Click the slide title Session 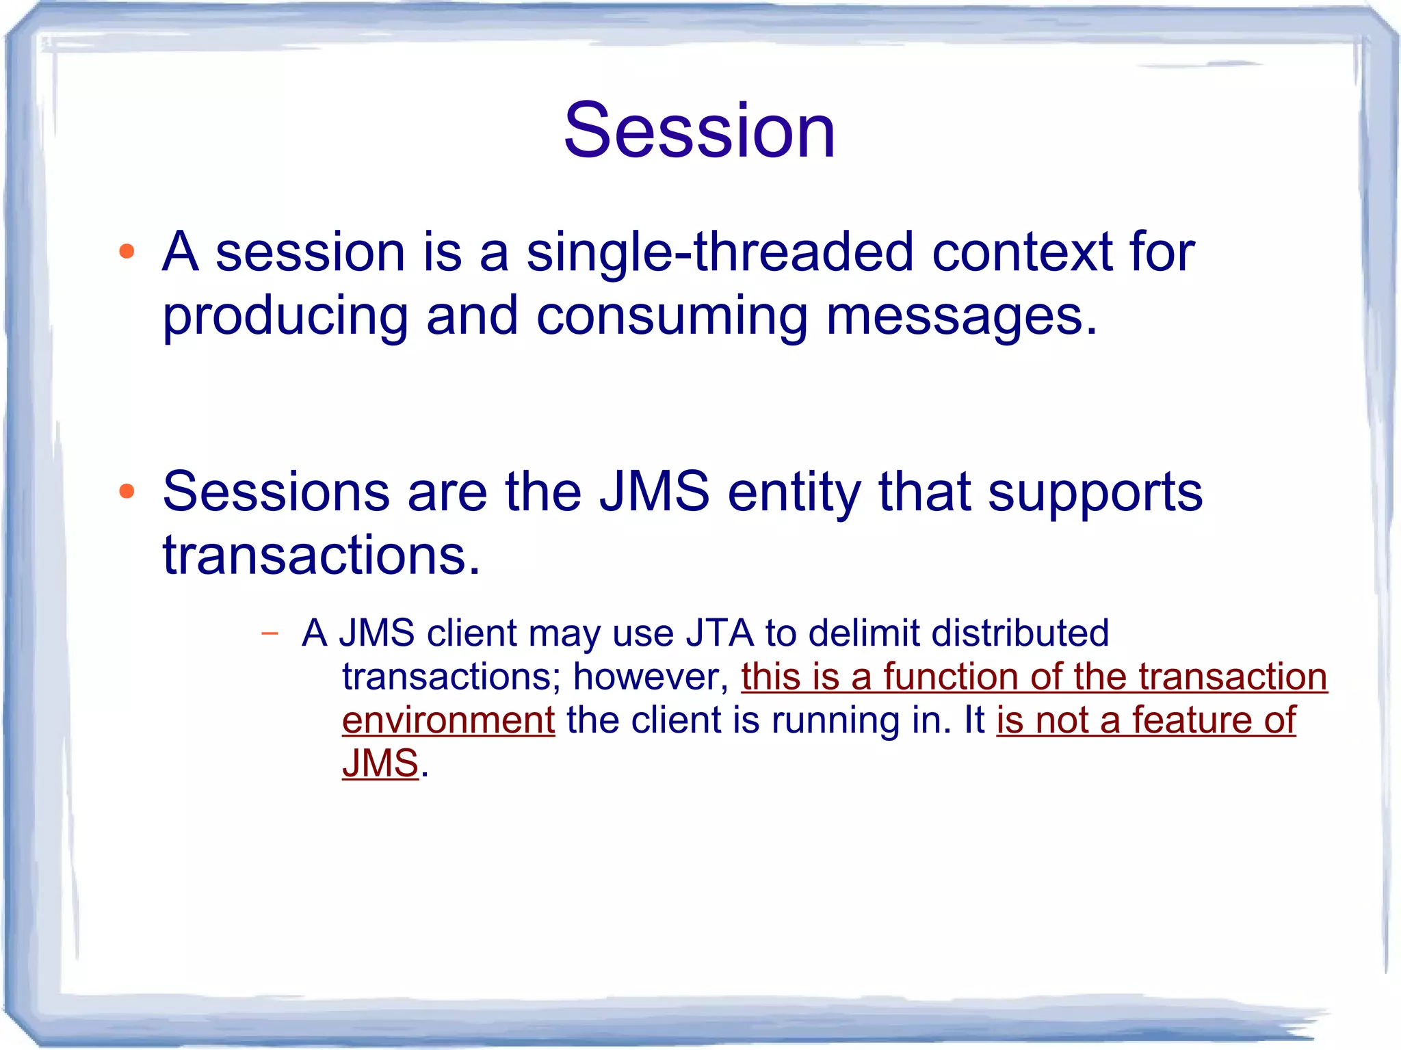699,130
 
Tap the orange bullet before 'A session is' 127,252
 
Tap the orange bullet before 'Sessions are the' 127,491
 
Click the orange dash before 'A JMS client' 270,633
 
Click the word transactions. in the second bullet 322,555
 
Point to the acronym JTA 720,633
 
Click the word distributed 1020,633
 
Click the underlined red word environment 448,721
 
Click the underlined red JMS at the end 380,764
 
